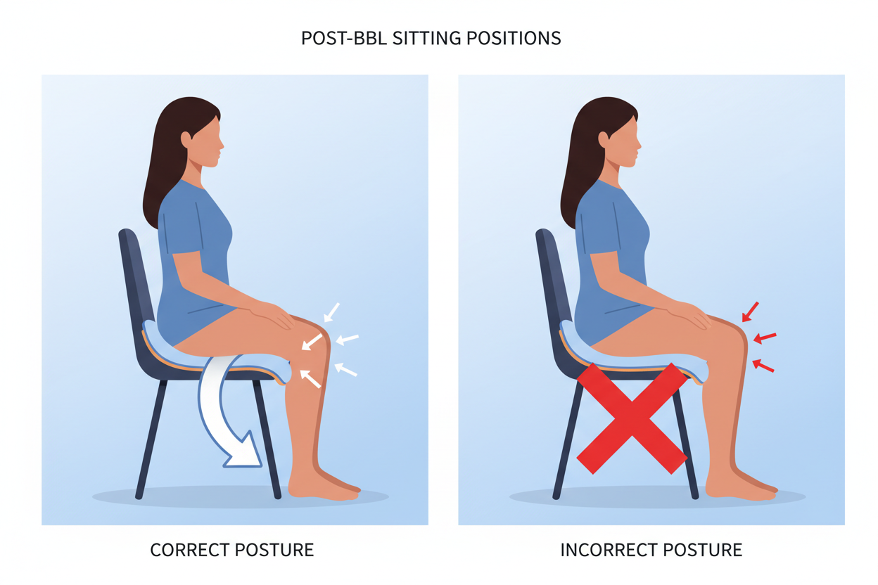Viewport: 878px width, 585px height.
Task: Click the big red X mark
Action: coord(632,418)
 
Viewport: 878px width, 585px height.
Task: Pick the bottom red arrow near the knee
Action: coord(763,366)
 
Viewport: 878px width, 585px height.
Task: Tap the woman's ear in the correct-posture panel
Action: coord(186,139)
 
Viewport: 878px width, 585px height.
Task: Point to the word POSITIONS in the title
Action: coord(517,38)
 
